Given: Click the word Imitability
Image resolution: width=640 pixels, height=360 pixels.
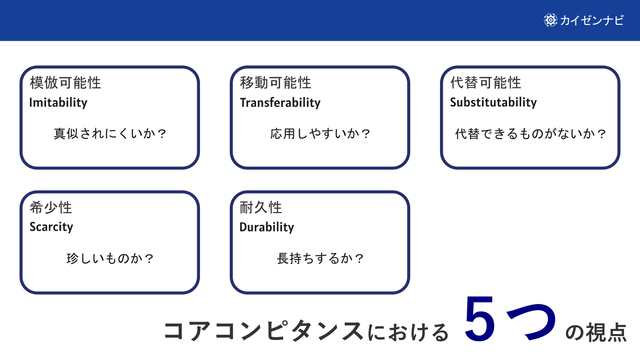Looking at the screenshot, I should click(58, 103).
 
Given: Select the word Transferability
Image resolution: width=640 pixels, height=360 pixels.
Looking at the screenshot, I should click(280, 103).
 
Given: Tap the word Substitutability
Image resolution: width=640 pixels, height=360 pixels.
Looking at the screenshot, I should click(493, 102).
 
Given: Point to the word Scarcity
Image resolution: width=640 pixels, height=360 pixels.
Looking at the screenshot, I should click(51, 227).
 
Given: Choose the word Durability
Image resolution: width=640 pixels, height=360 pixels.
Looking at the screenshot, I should click(267, 227).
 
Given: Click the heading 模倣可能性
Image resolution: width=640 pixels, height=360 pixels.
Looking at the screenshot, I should click(65, 83).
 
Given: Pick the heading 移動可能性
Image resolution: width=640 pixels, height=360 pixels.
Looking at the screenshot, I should click(276, 83).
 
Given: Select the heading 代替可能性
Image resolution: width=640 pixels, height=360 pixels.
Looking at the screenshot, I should click(486, 83).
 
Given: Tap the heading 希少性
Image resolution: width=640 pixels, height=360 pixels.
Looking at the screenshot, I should click(51, 208).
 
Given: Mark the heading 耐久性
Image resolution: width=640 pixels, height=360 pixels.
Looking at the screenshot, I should click(261, 208).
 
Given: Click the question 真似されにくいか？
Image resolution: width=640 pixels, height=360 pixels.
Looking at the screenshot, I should click(110, 134).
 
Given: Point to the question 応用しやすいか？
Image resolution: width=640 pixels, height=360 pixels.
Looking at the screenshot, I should click(320, 134).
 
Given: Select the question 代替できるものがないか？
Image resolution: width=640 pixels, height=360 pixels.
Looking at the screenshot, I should click(530, 134).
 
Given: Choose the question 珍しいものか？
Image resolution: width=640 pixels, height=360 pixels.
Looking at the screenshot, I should click(110, 258).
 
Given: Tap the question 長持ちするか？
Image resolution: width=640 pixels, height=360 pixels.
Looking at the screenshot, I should click(320, 258).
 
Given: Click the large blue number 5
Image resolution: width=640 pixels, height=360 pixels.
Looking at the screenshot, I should click(480, 320).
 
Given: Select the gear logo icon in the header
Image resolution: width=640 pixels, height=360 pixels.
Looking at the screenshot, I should click(550, 20).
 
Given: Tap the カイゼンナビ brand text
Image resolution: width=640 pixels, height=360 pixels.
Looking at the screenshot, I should click(592, 20).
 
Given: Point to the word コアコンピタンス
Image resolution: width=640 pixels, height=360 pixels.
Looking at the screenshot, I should click(264, 331).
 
